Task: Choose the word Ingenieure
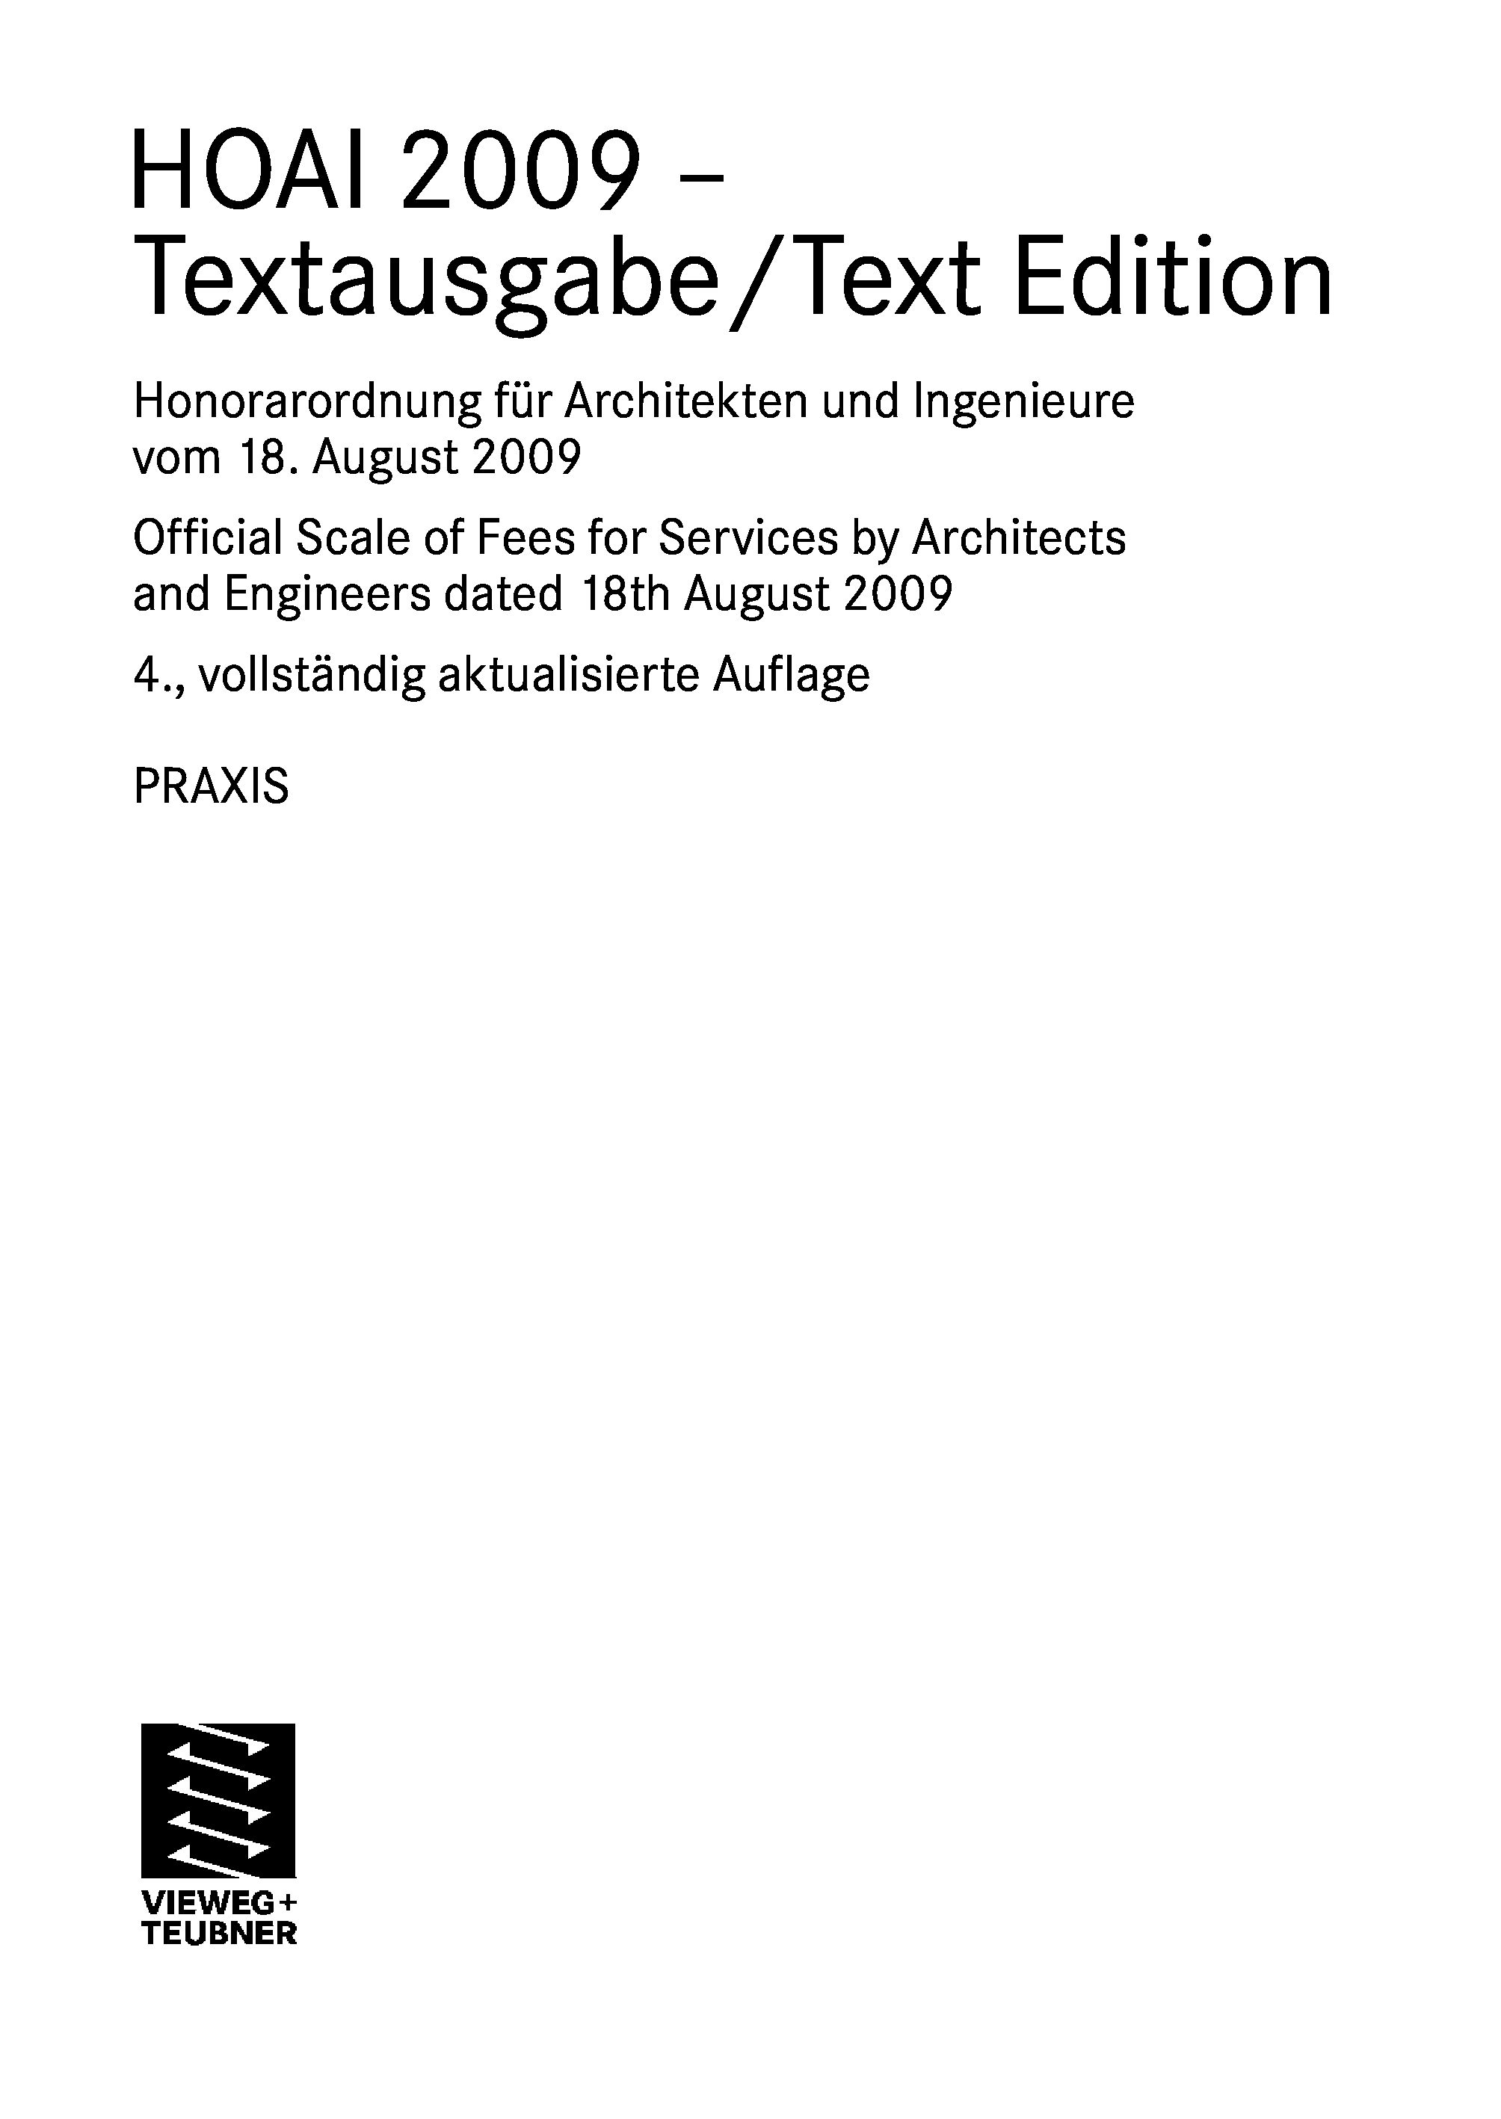pyautogui.click(x=1023, y=402)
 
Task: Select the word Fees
pyautogui.click(x=517, y=538)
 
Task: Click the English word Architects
pyautogui.click(x=1019, y=538)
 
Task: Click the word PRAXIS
pyautogui.click(x=211, y=787)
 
